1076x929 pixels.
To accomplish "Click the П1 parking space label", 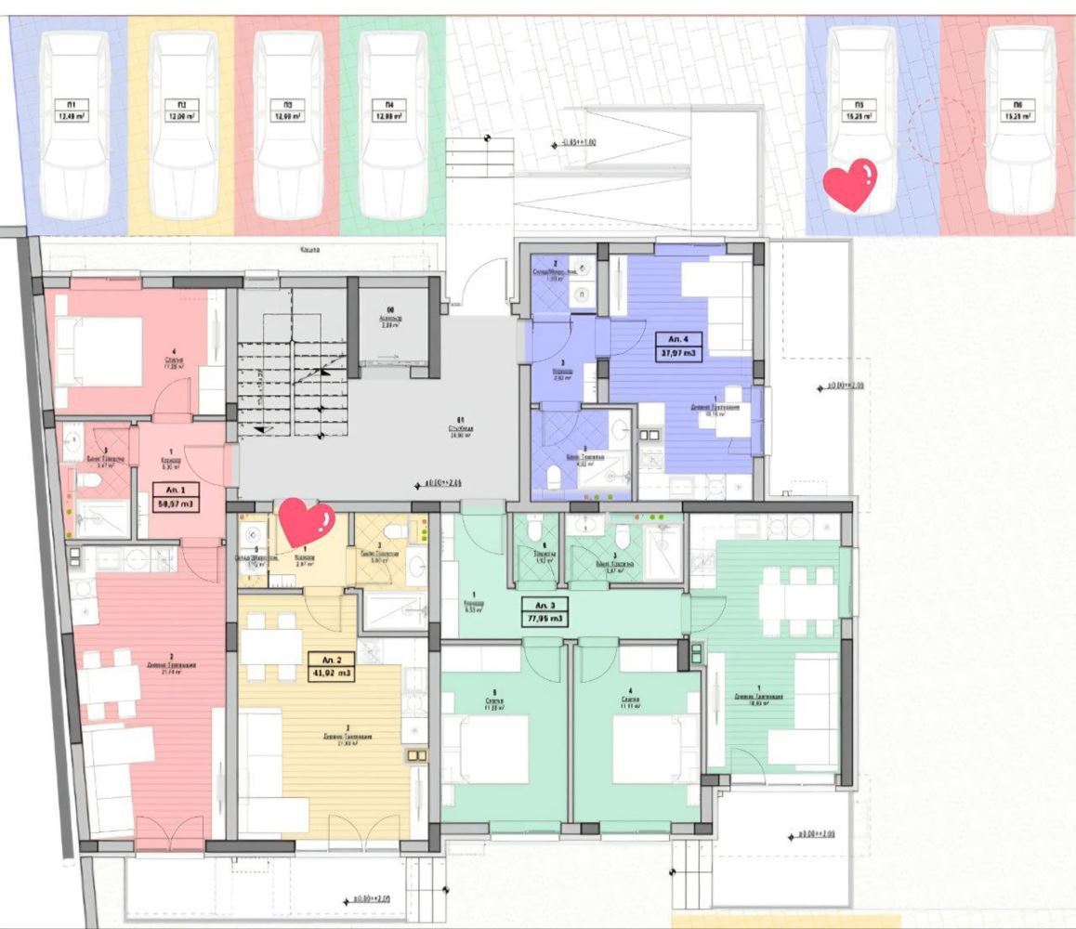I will (71, 104).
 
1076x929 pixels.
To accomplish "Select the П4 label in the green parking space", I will (384, 104).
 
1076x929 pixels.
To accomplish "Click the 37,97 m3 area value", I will (679, 353).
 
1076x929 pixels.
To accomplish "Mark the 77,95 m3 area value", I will (545, 617).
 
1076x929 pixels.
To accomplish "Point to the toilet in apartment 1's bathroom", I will (88, 481).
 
